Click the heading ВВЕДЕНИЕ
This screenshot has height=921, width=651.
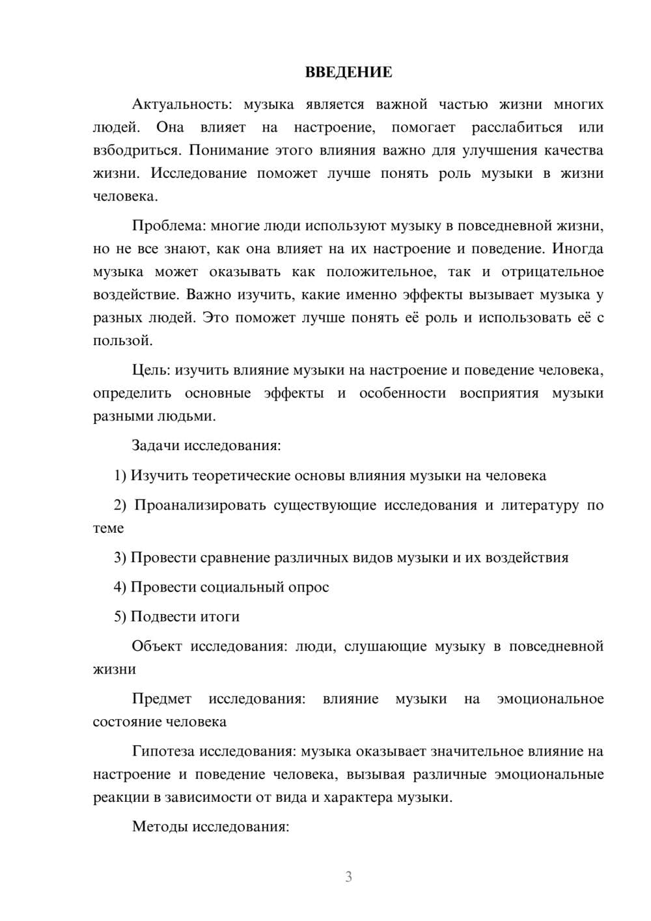click(348, 72)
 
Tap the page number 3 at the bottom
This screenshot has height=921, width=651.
click(348, 877)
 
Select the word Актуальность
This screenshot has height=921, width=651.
click(172, 104)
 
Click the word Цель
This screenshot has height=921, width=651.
click(151, 370)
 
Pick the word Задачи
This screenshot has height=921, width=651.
click(156, 446)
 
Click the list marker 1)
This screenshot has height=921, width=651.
click(120, 475)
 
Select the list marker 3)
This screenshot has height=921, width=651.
click(120, 558)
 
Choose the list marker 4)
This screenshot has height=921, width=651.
click(120, 587)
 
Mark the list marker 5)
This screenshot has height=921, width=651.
click(120, 616)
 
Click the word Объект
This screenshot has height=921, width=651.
click(156, 646)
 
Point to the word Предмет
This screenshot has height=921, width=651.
click(161, 699)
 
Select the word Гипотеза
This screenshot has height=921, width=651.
click(163, 751)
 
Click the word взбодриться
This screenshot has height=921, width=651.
click(135, 150)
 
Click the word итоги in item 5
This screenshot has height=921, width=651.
click(221, 616)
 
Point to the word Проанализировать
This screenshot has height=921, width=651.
click(200, 505)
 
